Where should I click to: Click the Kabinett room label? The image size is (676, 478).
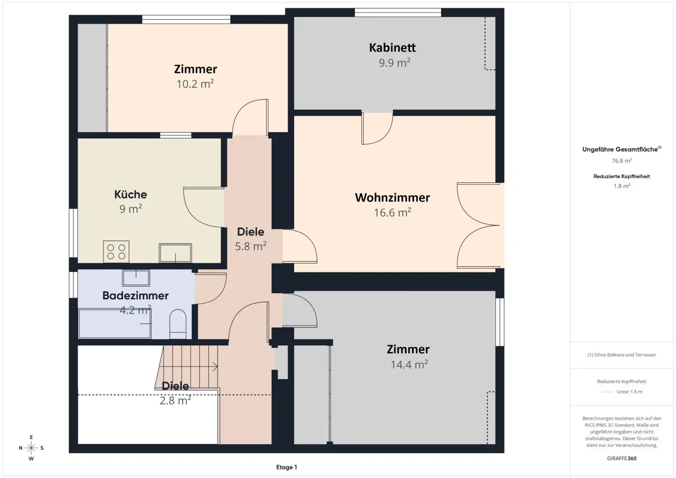pyautogui.click(x=392, y=48)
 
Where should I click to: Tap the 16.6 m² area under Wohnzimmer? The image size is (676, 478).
pyautogui.click(x=392, y=213)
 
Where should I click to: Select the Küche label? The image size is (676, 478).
pyautogui.click(x=130, y=195)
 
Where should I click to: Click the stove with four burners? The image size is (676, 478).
pyautogui.click(x=116, y=252)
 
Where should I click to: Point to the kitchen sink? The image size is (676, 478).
pyautogui.click(x=175, y=253)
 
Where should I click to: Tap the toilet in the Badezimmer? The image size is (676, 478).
pyautogui.click(x=178, y=324)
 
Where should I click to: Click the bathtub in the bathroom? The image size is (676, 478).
pyautogui.click(x=115, y=323)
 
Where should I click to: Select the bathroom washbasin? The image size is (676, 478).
pyautogui.click(x=136, y=278)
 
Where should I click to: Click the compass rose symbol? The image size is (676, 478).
pyautogui.click(x=31, y=448)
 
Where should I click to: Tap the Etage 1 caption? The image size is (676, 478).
pyautogui.click(x=287, y=467)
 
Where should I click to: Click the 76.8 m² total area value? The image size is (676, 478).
pyautogui.click(x=622, y=161)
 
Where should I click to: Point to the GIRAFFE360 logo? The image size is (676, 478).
pyautogui.click(x=622, y=458)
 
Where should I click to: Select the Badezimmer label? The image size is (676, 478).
pyautogui.click(x=135, y=295)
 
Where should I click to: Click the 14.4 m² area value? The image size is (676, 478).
pyautogui.click(x=409, y=364)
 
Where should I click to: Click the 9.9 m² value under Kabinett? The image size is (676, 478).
pyautogui.click(x=394, y=63)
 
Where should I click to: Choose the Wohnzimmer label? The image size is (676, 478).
pyautogui.click(x=392, y=198)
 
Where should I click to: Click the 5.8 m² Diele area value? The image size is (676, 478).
pyautogui.click(x=250, y=246)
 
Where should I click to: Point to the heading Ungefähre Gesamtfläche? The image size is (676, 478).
pyautogui.click(x=622, y=149)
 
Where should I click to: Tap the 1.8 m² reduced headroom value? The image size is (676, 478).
pyautogui.click(x=622, y=186)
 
